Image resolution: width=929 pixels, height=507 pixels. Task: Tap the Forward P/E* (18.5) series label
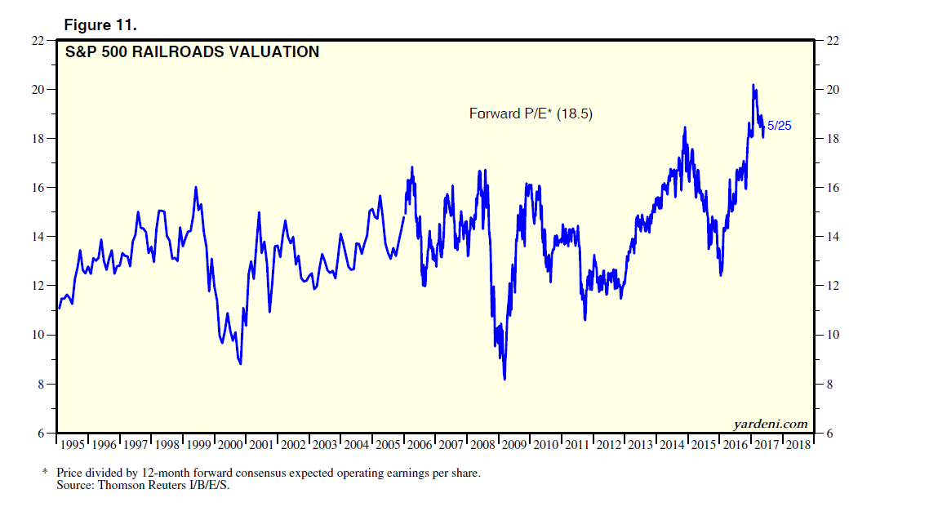pyautogui.click(x=531, y=114)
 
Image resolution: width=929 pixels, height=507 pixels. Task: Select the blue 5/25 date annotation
pyautogui.click(x=780, y=126)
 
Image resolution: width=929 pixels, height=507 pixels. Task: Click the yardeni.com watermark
pyautogui.click(x=771, y=423)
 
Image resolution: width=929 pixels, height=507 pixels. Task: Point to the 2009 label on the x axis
pyautogui.click(x=514, y=446)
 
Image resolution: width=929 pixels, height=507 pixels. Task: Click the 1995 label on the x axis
pyautogui.click(x=73, y=446)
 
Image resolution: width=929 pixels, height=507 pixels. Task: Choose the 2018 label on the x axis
pyautogui.click(x=798, y=446)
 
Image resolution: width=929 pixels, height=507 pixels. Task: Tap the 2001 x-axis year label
pyautogui.click(x=262, y=446)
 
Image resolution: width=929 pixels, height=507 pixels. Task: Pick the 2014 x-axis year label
pyautogui.click(x=672, y=446)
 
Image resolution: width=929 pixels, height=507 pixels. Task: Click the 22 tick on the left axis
pyautogui.click(x=38, y=40)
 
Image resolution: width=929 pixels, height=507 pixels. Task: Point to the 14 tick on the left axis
pyautogui.click(x=38, y=237)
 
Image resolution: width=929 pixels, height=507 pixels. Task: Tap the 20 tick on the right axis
pyautogui.click(x=833, y=90)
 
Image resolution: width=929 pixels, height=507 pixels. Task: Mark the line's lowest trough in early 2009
pyautogui.click(x=505, y=378)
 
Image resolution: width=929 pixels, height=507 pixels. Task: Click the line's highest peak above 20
pyautogui.click(x=753, y=85)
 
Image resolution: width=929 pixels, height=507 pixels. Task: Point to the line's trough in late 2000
pyautogui.click(x=240, y=363)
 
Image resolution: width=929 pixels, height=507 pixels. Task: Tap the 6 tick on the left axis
pyautogui.click(x=40, y=434)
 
